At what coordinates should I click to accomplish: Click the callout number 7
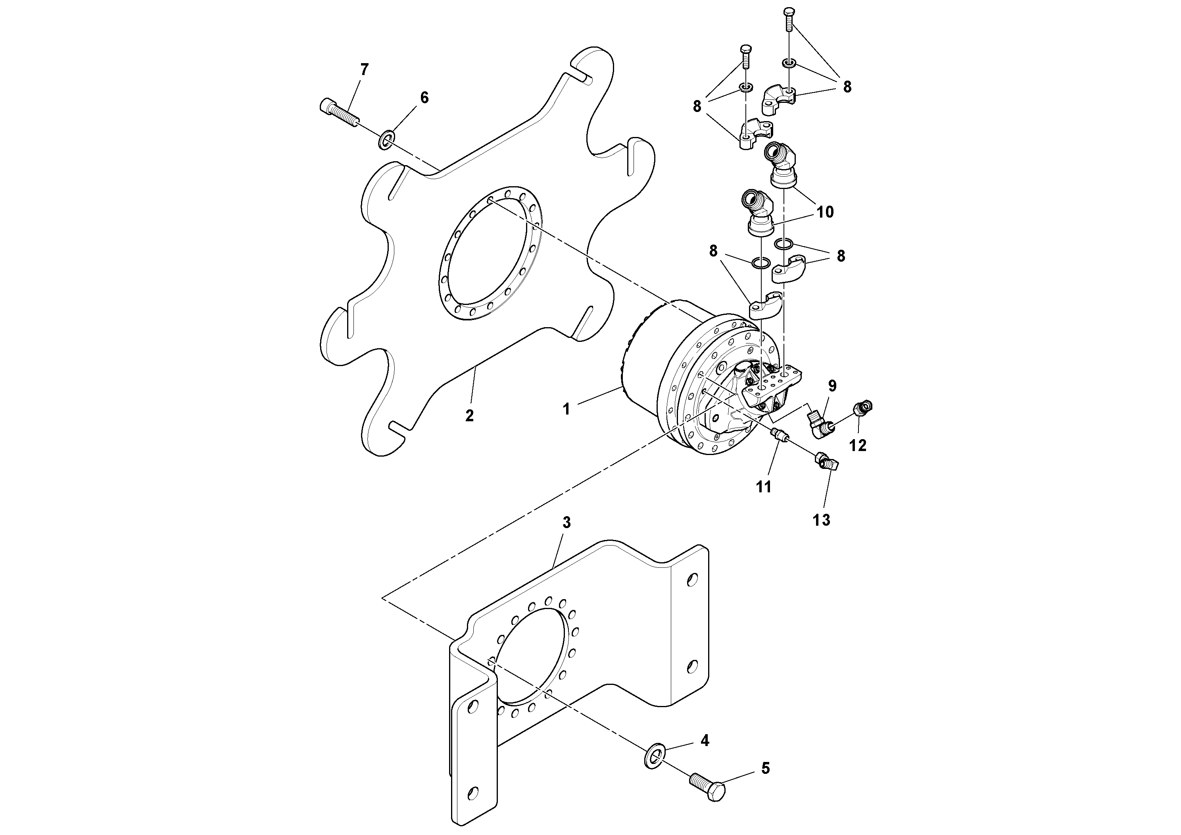click(x=364, y=69)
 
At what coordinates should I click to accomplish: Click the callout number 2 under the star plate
click(x=469, y=415)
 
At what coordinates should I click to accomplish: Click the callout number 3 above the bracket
click(x=566, y=523)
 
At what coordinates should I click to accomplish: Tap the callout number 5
click(x=765, y=783)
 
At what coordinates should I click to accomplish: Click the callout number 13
click(x=822, y=520)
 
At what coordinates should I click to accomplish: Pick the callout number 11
click(x=763, y=486)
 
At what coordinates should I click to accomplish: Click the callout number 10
click(x=825, y=212)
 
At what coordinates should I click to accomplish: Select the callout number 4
click(x=705, y=741)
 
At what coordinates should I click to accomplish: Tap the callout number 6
click(x=424, y=97)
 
